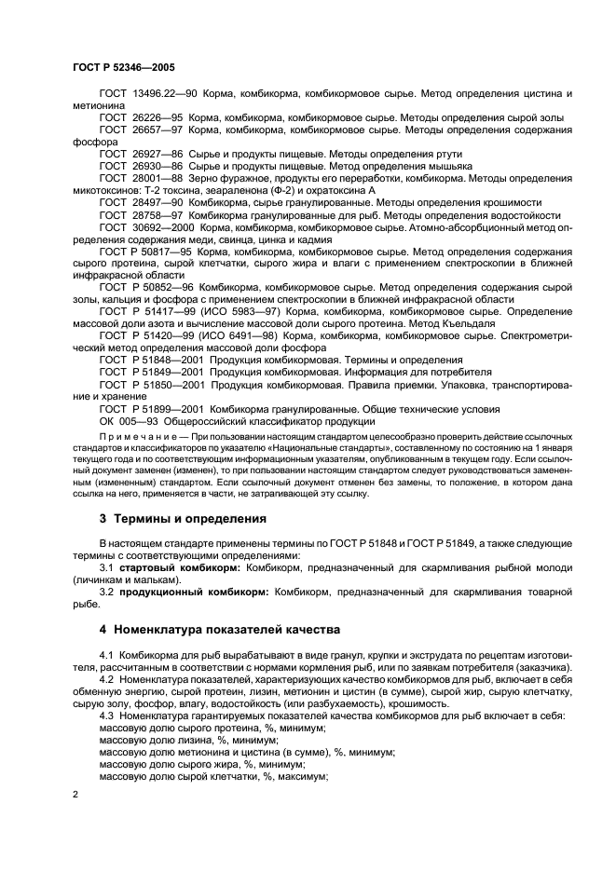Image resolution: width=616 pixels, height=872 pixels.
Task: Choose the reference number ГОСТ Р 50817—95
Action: coord(144,252)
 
